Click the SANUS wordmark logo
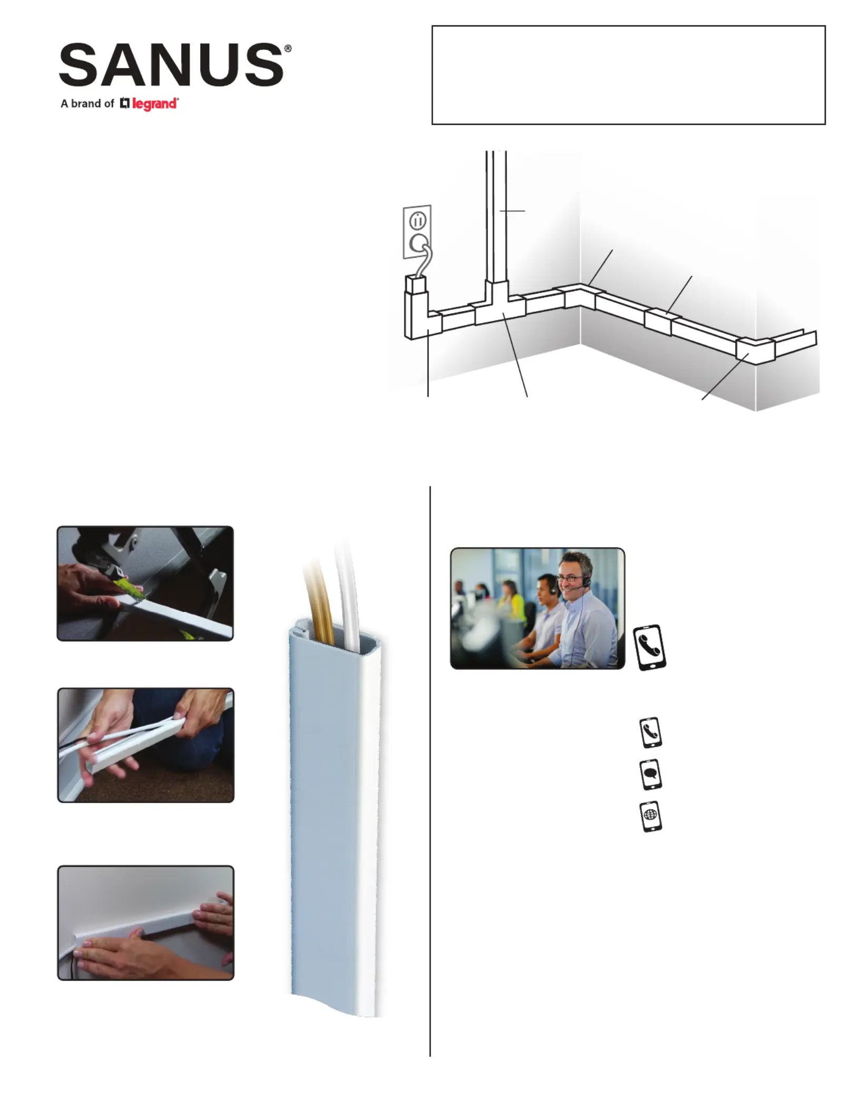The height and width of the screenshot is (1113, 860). pos(172,65)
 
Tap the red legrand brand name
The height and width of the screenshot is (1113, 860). pos(155,104)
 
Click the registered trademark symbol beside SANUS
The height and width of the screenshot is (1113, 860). pos(288,48)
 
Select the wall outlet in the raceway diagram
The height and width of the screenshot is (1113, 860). pos(417,232)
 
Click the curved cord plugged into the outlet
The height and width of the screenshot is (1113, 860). pos(424,261)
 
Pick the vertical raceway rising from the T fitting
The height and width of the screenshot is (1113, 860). pos(496,216)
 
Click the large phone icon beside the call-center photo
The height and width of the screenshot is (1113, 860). pos(649,648)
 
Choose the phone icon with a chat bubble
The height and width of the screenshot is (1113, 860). pos(650,774)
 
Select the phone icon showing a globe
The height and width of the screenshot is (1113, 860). pos(651,817)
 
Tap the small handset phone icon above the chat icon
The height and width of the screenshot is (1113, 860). pos(650,733)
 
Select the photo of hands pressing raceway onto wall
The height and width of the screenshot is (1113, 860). pos(145,923)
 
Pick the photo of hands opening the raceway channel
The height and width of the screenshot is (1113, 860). pos(145,745)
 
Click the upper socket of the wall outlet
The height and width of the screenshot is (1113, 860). pos(418,220)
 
